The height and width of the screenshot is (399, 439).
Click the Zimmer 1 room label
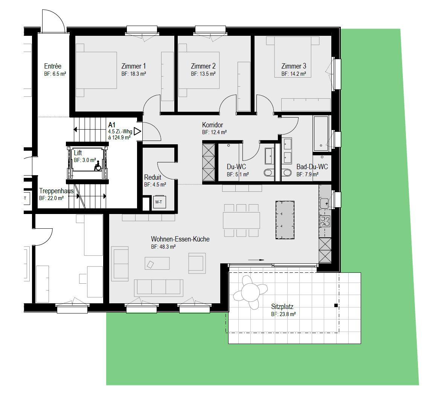[x=134, y=66]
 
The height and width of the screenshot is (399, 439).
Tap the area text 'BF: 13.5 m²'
[x=203, y=74]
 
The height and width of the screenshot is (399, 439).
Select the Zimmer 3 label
[x=294, y=66]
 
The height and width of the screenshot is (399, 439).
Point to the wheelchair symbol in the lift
[x=98, y=166]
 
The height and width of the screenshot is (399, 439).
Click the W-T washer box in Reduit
[x=159, y=202]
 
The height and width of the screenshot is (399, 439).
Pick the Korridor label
[x=212, y=125]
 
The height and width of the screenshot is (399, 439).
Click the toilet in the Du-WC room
[x=269, y=172]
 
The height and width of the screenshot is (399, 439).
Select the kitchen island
[x=285, y=220]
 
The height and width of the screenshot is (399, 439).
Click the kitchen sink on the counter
[x=325, y=203]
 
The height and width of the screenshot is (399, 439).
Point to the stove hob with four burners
[x=325, y=221]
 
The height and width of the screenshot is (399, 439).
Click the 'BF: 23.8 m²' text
[x=284, y=314]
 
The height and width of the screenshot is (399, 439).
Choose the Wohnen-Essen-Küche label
[x=180, y=239]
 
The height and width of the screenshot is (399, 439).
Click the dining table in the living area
[x=241, y=220]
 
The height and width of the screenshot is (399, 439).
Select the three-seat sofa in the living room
[x=159, y=288]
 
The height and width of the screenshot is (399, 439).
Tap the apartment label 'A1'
[x=112, y=125]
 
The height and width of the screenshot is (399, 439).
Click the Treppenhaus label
[x=56, y=191]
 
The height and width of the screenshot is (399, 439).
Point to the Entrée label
[x=53, y=66]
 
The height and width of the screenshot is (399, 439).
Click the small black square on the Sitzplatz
[x=336, y=306]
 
